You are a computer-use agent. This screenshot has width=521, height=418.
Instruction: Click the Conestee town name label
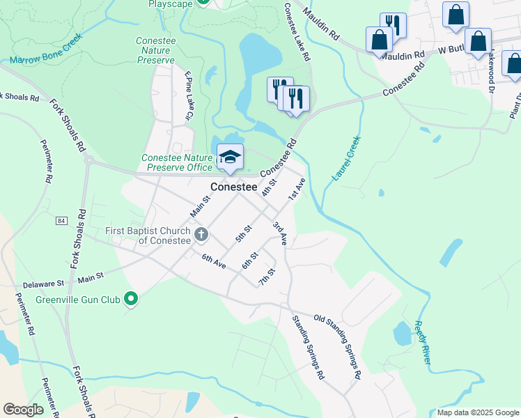(x=233, y=187)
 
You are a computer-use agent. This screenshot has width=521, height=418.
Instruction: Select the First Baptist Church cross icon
(x=201, y=233)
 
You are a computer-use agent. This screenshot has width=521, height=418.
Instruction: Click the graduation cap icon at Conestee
(x=230, y=157)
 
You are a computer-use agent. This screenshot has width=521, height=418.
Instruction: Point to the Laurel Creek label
(x=346, y=159)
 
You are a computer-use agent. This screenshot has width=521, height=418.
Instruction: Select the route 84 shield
(x=62, y=221)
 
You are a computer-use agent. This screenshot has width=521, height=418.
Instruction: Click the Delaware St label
(x=43, y=284)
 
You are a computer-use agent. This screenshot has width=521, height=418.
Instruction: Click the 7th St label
(x=266, y=276)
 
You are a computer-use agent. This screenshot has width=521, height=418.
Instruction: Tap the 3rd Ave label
(x=280, y=233)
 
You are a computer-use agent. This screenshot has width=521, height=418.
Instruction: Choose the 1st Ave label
(x=297, y=189)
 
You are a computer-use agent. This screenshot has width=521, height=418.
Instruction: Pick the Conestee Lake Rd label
(x=298, y=31)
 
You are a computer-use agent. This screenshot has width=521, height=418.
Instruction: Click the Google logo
(x=23, y=410)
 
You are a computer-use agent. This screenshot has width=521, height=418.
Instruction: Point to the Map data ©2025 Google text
(x=477, y=412)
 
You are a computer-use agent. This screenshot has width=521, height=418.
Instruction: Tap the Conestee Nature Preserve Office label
(x=177, y=162)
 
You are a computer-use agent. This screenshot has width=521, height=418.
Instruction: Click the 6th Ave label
(x=214, y=263)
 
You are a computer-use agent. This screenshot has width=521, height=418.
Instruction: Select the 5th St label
(x=242, y=233)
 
